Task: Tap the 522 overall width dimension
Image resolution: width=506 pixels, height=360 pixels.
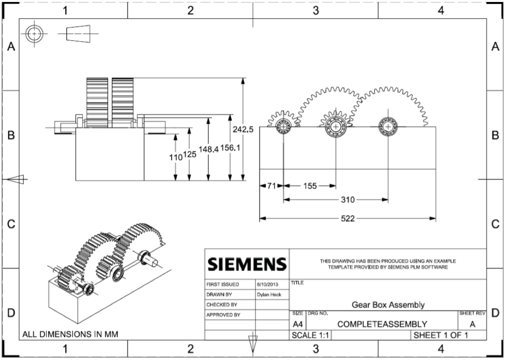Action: click(347, 218)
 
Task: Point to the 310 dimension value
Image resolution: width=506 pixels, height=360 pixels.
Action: click(347, 200)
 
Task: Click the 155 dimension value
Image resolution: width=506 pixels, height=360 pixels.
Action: click(310, 186)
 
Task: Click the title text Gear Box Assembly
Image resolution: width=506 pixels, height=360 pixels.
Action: click(388, 305)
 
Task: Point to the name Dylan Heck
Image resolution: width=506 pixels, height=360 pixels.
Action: click(268, 294)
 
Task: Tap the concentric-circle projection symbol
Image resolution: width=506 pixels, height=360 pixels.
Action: click(35, 33)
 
